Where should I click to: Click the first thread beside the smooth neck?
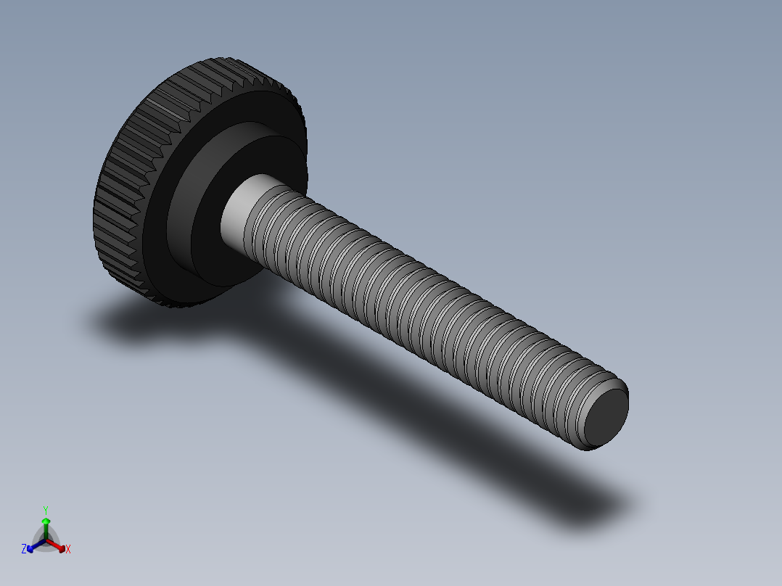point(266,218)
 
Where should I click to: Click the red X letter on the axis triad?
point(68,550)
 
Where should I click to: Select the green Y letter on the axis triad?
point(45,510)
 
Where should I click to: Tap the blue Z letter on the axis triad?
point(24,550)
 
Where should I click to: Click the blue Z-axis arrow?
point(33,545)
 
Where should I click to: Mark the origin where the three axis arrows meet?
point(46,540)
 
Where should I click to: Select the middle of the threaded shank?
point(428,305)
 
